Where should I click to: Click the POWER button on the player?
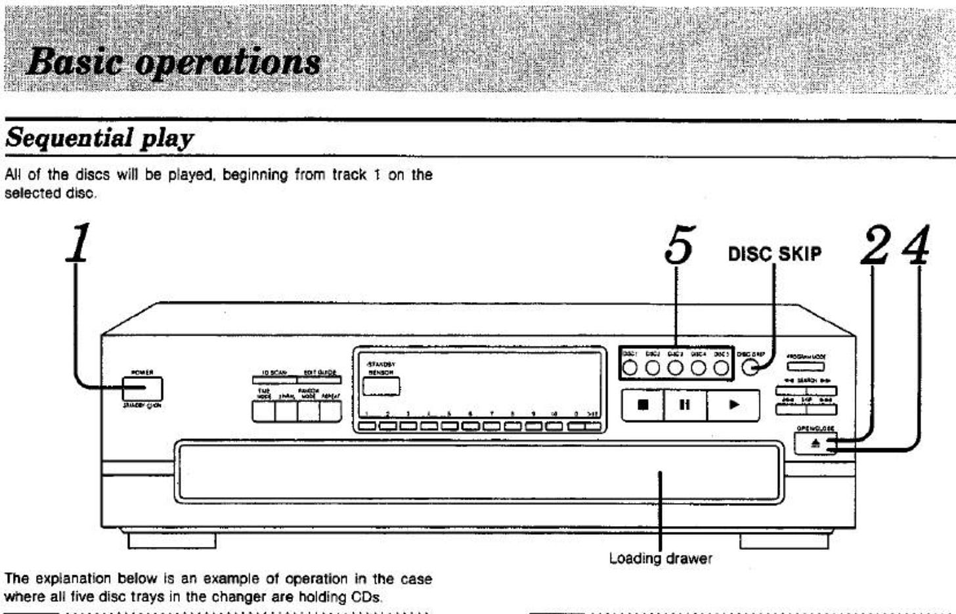pos(142,389)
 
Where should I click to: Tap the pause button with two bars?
pos(685,405)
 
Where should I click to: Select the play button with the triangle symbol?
pos(734,405)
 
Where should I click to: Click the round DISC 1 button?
pos(630,368)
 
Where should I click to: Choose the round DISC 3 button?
pos(676,368)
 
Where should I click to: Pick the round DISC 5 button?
pos(721,368)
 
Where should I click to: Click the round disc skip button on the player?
pos(750,367)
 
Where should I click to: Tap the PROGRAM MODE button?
pos(806,366)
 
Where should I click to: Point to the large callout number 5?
pos(678,246)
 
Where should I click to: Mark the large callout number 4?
pos(916,246)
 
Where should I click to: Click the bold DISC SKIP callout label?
pos(774,253)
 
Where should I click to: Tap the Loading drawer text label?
pos(660,559)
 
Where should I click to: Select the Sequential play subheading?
pos(99,139)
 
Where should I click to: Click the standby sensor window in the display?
pos(381,387)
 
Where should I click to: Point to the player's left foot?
pos(171,540)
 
